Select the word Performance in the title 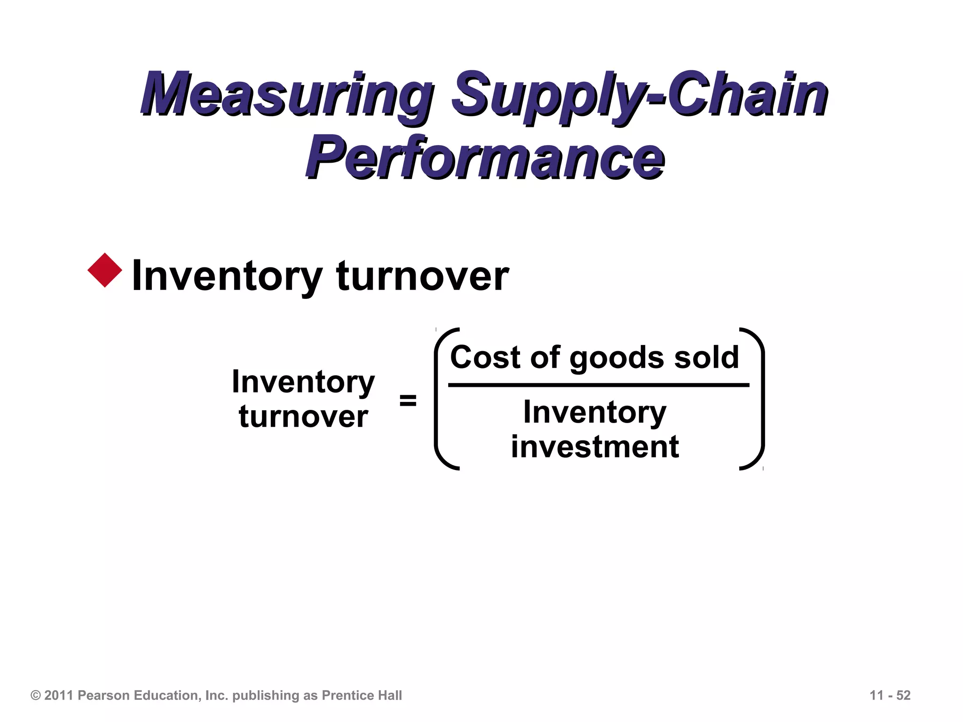(x=484, y=157)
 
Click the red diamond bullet (x=105, y=270)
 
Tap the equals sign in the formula (x=408, y=400)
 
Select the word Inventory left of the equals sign (x=303, y=382)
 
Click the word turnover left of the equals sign (x=303, y=416)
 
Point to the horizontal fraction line (x=598, y=385)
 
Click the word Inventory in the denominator (x=595, y=412)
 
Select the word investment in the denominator (x=595, y=447)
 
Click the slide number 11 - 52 (x=890, y=695)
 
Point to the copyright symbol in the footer (x=36, y=695)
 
